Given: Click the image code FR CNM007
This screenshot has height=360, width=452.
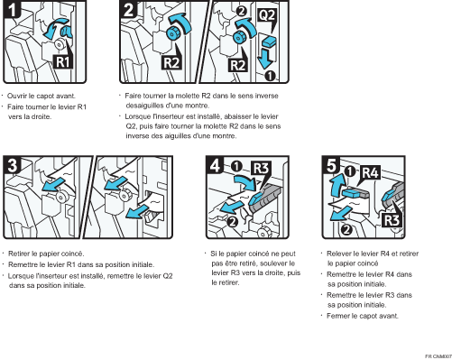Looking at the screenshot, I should click(432, 355).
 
